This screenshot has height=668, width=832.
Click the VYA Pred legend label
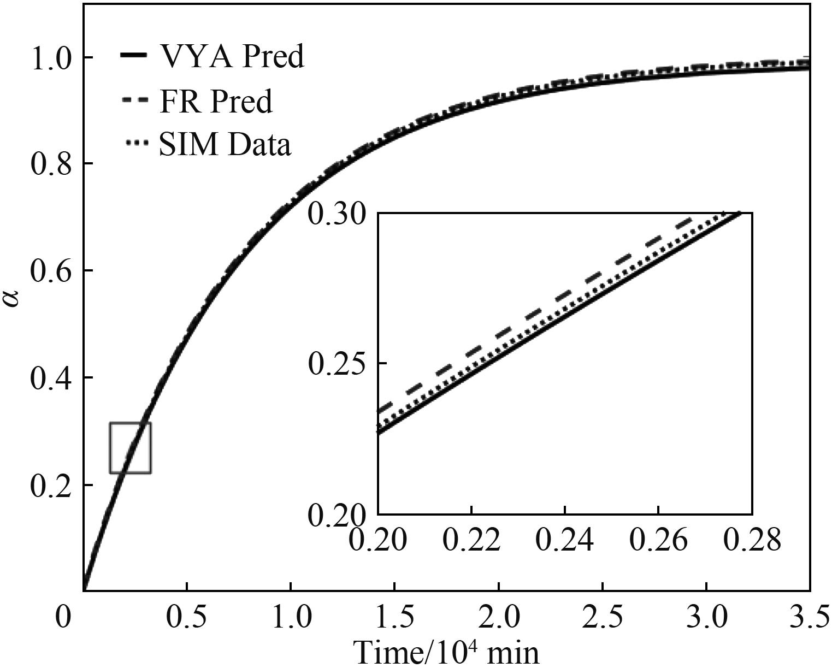coord(231,56)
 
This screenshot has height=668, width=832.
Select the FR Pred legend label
coord(215,101)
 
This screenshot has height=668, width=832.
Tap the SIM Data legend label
coord(225,145)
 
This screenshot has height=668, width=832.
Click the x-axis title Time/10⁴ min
coord(447,652)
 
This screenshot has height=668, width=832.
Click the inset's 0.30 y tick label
coord(339,214)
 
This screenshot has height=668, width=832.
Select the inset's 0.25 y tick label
coord(339,364)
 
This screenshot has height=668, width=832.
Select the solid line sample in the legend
coord(133,56)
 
